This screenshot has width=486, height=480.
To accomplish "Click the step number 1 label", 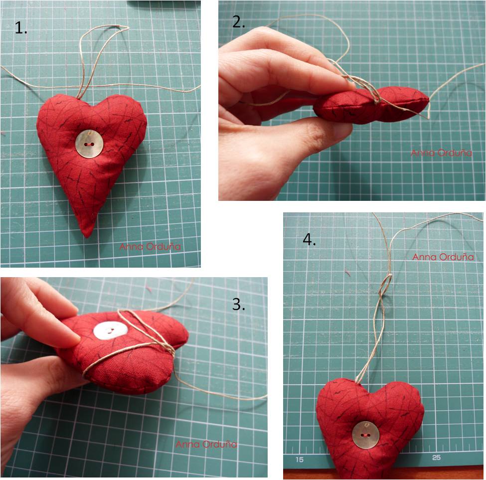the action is click(x=21, y=28).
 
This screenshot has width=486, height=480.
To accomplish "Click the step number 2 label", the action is click(x=239, y=22).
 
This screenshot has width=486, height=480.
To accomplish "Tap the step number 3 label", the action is click(x=239, y=305).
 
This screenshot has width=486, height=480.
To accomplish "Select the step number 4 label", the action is click(x=310, y=240).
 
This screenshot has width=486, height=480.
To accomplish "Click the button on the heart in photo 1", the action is click(x=89, y=144).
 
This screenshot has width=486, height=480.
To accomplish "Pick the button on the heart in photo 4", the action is click(x=366, y=435).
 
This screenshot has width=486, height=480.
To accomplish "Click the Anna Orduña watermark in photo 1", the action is click(x=150, y=247).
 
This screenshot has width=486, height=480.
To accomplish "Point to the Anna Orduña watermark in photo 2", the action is click(x=441, y=153).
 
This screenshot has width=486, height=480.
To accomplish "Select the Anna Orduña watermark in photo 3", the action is click(x=206, y=445).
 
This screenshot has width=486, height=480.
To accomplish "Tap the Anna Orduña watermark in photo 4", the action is click(x=443, y=257).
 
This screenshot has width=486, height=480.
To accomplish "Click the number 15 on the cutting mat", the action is click(x=300, y=459).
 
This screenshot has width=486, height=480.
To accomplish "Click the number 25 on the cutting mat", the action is click(x=437, y=458).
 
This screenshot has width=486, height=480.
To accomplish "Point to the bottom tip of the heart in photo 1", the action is click(x=86, y=236).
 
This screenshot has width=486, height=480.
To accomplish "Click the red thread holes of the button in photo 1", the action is click(x=89, y=145).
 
